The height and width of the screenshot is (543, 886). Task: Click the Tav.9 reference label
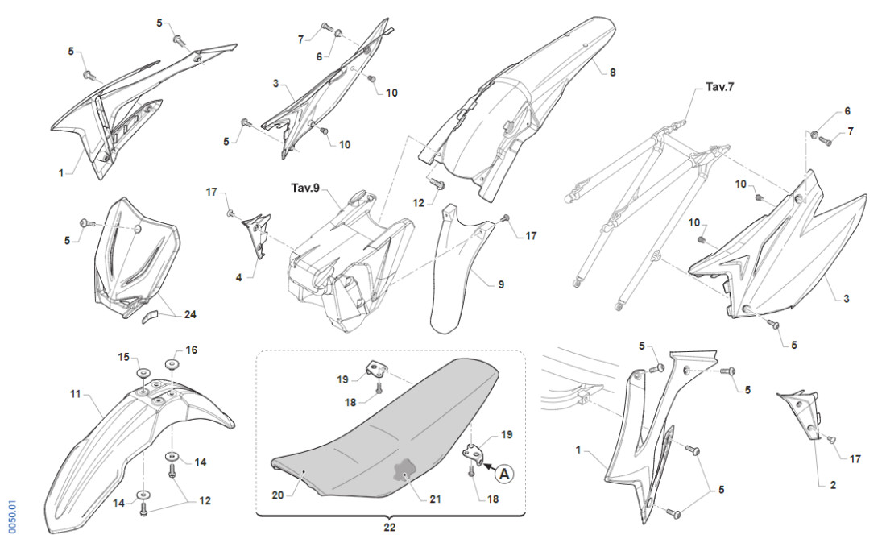click(305, 188)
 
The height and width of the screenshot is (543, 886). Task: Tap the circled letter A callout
click(504, 475)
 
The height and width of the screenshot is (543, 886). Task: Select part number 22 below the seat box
click(390, 528)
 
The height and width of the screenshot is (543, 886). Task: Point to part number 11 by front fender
click(75, 394)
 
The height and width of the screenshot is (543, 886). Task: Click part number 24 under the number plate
click(189, 314)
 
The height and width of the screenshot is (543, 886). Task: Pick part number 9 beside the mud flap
click(501, 284)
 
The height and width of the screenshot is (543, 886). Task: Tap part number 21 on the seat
click(435, 499)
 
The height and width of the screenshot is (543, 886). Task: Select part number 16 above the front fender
click(191, 350)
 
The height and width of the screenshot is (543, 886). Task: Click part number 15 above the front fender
click(124, 356)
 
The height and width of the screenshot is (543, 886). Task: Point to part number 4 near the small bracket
click(238, 277)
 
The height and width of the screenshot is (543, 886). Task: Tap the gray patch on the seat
click(403, 471)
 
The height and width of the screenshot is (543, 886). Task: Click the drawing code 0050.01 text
click(12, 516)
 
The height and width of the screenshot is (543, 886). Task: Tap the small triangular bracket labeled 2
click(803, 410)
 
